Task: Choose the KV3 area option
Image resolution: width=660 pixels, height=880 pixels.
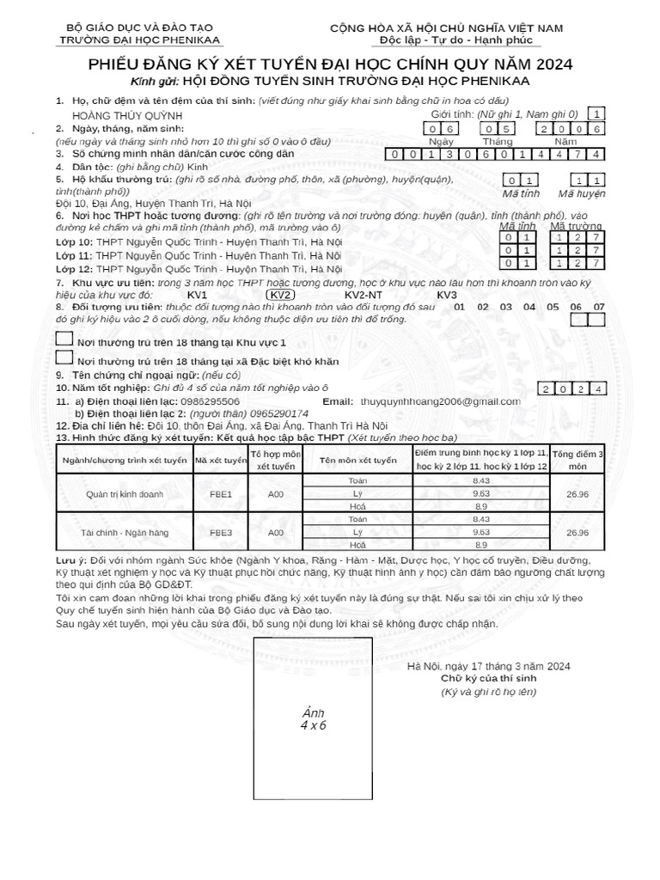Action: (447, 295)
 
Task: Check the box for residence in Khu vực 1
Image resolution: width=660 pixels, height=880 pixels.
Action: (64, 339)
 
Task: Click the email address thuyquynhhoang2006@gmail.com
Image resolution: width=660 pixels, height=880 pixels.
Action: (440, 401)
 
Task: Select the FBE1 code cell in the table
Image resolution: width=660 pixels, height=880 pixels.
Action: (221, 495)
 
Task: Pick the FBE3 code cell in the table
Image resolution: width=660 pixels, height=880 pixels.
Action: (221, 533)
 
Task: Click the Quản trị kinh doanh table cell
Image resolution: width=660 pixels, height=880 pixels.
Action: (124, 495)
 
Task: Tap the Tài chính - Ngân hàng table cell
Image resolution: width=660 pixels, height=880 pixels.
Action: (124, 533)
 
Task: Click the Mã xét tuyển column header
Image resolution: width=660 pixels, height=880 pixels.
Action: (221, 461)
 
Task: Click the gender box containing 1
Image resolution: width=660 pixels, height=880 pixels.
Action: (598, 113)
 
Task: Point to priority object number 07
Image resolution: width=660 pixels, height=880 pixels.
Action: (599, 307)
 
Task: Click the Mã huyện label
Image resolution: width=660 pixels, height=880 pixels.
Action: (588, 193)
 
